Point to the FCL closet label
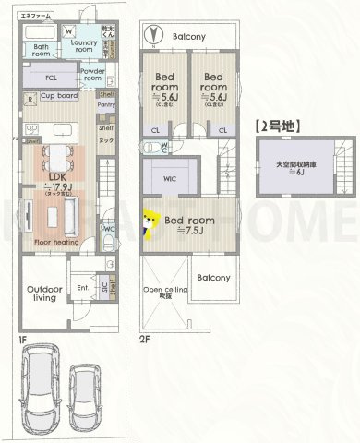[51, 78]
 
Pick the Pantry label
[105, 105]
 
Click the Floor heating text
[55, 243]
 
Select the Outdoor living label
[44, 293]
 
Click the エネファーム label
[35, 16]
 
